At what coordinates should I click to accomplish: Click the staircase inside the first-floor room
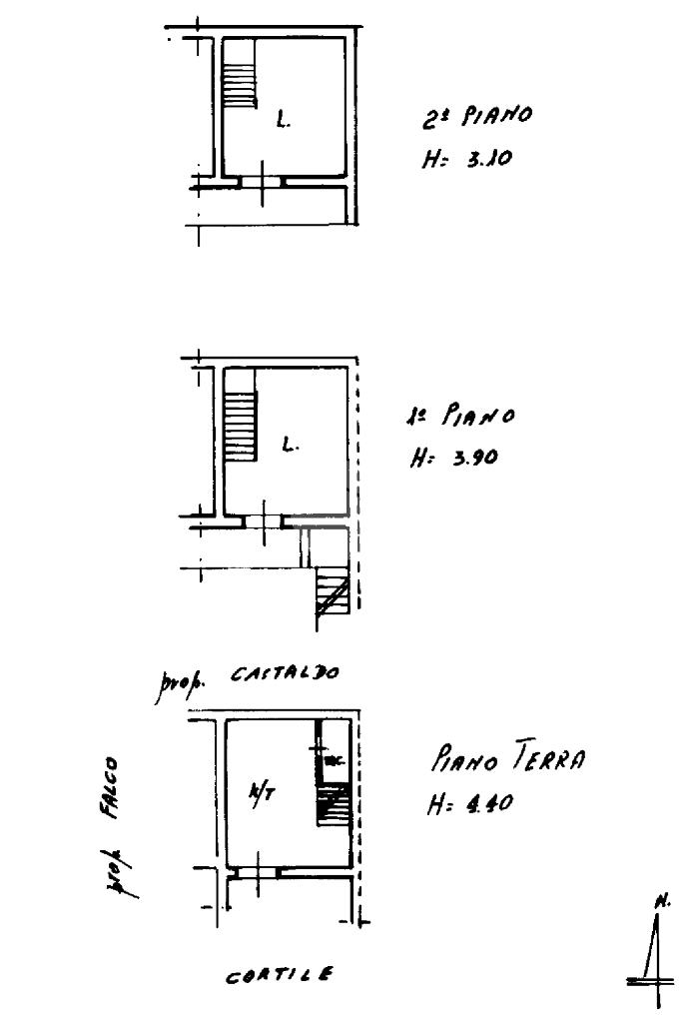pyautogui.click(x=240, y=427)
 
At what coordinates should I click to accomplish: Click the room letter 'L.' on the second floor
pyautogui.click(x=285, y=123)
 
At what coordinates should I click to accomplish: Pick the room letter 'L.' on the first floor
pyautogui.click(x=289, y=445)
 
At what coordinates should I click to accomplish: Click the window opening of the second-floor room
pyautogui.click(x=262, y=183)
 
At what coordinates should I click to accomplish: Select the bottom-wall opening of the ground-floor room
pyautogui.click(x=257, y=871)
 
